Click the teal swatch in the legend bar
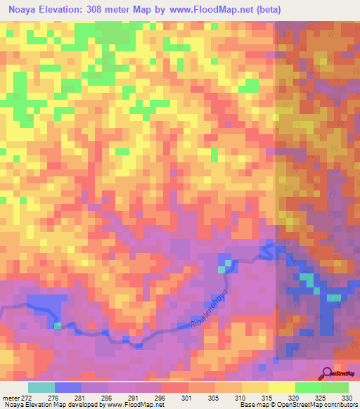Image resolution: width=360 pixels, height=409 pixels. (41, 387)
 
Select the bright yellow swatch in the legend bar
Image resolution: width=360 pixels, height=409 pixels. (281, 387)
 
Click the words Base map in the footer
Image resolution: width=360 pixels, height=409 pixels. (251, 405)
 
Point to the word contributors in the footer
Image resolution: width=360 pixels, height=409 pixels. (338, 405)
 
